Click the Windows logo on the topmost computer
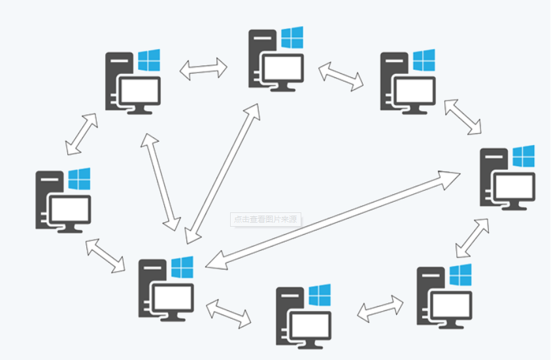(x=292, y=38)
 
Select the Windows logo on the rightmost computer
(x=524, y=156)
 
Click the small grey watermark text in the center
(x=266, y=220)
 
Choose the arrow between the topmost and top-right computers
(x=341, y=75)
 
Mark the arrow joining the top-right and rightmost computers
(x=463, y=118)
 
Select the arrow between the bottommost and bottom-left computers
(x=229, y=314)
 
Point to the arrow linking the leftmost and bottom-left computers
(x=105, y=255)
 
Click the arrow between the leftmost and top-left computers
(x=82, y=134)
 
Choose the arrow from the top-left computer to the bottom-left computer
(x=161, y=182)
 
